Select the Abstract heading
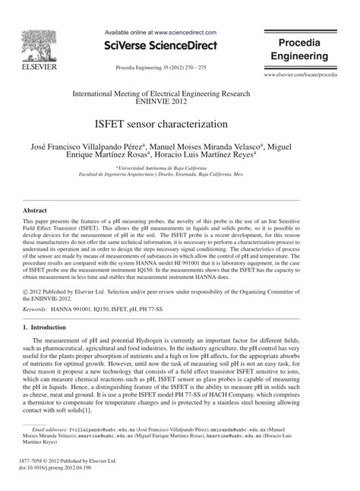coord(36,209)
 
